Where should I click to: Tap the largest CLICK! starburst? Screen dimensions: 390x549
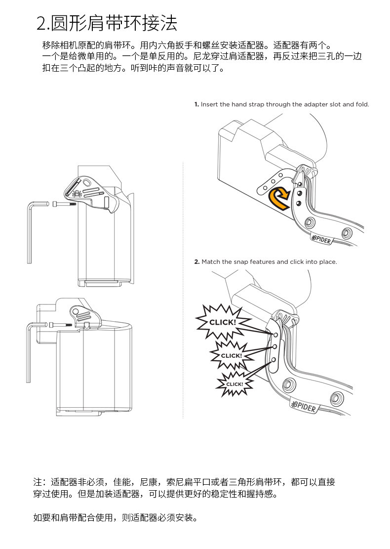[222, 322]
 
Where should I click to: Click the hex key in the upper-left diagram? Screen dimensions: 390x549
[30, 232]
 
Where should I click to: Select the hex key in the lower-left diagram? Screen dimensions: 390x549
[28, 346]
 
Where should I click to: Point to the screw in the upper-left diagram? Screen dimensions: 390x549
[60, 204]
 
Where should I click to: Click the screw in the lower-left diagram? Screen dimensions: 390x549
[59, 325]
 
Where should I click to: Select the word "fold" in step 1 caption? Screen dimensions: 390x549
[361, 104]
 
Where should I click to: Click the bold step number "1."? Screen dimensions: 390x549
[196, 104]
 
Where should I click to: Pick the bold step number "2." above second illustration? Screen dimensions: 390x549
[196, 261]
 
